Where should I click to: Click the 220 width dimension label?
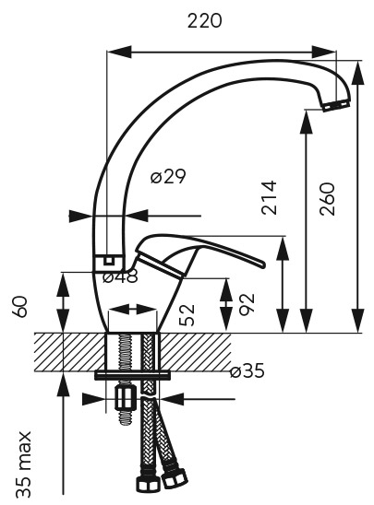click(x=205, y=21)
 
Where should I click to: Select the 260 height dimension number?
click(x=328, y=199)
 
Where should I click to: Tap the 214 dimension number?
click(x=269, y=197)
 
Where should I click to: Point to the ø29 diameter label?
click(x=168, y=176)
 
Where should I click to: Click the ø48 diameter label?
click(x=120, y=276)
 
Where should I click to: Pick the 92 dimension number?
click(x=247, y=303)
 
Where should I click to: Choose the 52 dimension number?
click(x=187, y=314)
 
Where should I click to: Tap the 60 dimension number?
click(x=20, y=307)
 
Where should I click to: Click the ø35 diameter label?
click(x=247, y=370)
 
